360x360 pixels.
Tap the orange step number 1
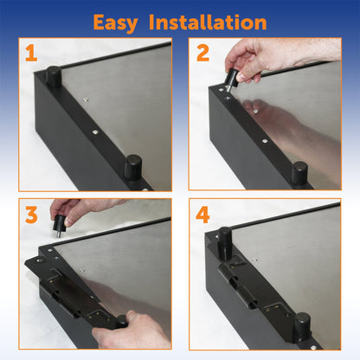click(31, 54)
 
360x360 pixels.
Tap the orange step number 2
click(203, 54)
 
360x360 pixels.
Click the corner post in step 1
click(53, 77)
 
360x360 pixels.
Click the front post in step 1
click(132, 165)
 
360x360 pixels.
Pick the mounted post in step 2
click(299, 172)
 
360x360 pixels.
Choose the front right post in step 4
click(301, 325)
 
